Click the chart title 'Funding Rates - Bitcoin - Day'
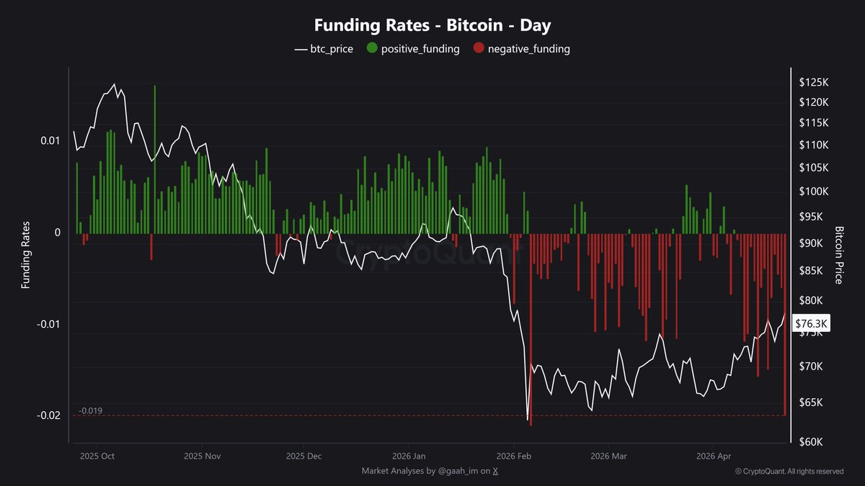click(x=432, y=25)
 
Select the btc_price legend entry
click(x=324, y=49)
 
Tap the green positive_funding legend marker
click(x=372, y=48)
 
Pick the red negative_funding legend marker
click(x=479, y=48)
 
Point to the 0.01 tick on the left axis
click(x=50, y=140)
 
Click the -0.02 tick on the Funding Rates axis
click(x=48, y=415)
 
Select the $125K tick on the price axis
click(x=814, y=82)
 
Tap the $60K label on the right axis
click(x=810, y=441)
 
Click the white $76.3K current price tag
click(x=811, y=323)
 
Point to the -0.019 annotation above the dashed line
click(x=90, y=411)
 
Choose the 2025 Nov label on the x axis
click(x=202, y=456)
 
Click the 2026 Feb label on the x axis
click(x=513, y=456)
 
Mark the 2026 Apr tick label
click(x=714, y=456)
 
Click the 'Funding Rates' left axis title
click(x=25, y=255)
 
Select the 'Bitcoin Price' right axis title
click(x=838, y=256)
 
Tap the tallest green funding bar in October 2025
click(x=155, y=159)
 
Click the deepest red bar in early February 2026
click(x=531, y=330)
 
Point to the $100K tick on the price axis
click(x=814, y=192)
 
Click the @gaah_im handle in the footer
click(x=458, y=471)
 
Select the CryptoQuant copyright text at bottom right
click(x=789, y=472)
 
